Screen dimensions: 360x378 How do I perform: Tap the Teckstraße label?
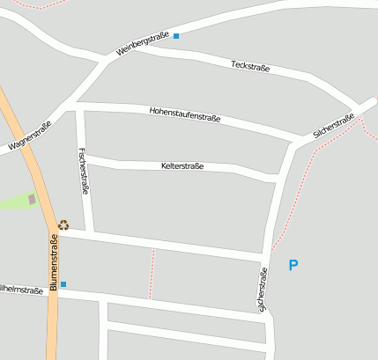click(249, 67)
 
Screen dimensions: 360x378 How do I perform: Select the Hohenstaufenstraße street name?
click(185, 114)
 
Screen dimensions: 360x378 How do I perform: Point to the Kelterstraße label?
click(182, 165)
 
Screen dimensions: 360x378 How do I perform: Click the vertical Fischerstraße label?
click(84, 170)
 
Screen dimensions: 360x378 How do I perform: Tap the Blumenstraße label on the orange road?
click(54, 261)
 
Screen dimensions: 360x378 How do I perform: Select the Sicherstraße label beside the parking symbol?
click(262, 290)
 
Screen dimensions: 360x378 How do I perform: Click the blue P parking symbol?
click(293, 264)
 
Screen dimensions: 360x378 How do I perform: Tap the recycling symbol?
click(63, 225)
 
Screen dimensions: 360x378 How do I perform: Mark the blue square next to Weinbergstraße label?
click(176, 36)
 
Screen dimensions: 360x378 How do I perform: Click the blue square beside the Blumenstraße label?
click(63, 284)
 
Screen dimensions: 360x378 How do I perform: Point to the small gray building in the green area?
click(33, 200)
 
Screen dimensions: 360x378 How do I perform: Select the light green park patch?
click(18, 201)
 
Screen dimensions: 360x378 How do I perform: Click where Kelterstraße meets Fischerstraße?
click(85, 159)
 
